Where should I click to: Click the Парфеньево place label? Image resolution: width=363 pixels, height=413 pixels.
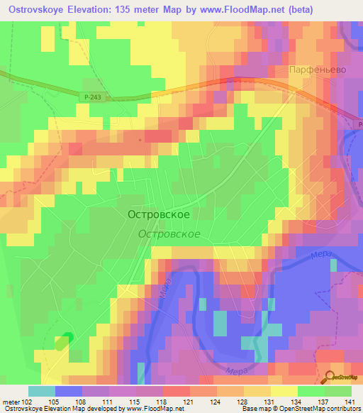coord(316,71)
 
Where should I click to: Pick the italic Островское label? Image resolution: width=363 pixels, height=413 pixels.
coord(169,233)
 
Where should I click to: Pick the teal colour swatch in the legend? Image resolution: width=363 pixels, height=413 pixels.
coord(41,391)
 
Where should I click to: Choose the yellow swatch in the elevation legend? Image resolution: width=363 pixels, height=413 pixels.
coord(284,391)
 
